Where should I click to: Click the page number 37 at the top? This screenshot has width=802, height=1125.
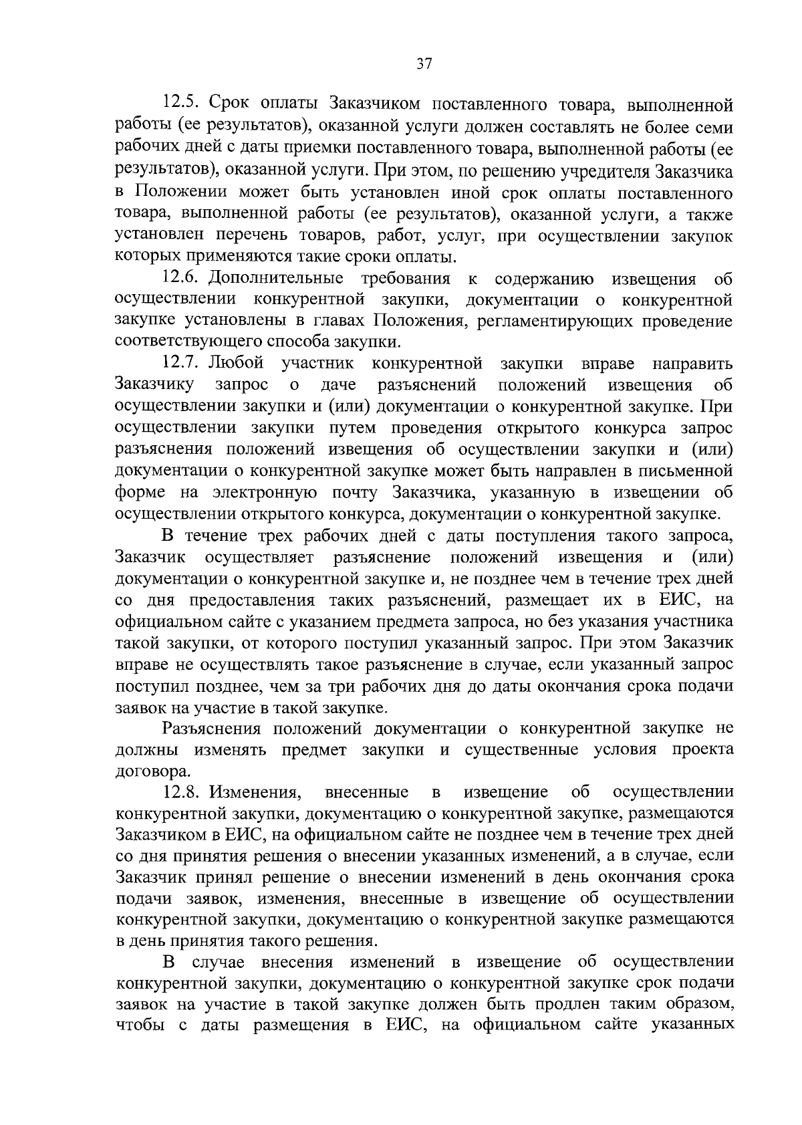click(x=424, y=64)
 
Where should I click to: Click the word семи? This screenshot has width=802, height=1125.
click(x=712, y=127)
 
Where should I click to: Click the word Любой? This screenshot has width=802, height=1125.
click(x=236, y=364)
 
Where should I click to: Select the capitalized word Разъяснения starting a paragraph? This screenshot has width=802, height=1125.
click(x=211, y=728)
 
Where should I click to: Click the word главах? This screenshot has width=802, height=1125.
click(x=340, y=322)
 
